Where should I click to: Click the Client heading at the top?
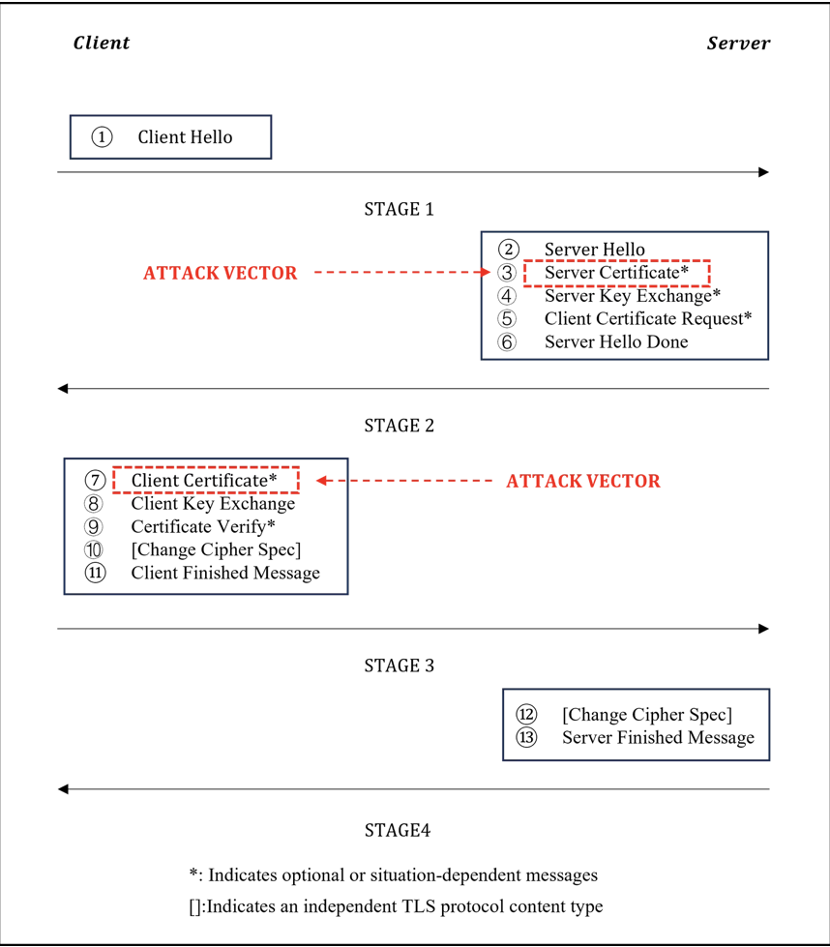coord(101,43)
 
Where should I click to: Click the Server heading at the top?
coord(738,43)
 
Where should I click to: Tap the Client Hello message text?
coord(185,137)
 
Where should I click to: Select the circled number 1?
coord(102,137)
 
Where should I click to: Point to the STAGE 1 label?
coord(399,209)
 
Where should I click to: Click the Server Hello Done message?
coord(616,341)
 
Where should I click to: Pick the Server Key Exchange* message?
coord(633,296)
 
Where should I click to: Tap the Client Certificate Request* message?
coord(648,318)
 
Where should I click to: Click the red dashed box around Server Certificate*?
coord(616,273)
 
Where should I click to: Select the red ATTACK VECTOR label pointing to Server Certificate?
coord(221,274)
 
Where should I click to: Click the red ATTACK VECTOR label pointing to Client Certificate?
coord(583,481)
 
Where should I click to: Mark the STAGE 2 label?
coord(399,426)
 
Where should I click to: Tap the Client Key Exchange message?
coord(213,503)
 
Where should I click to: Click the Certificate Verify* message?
coord(203,526)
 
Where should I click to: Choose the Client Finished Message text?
coord(225,573)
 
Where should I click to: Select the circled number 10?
coord(94,549)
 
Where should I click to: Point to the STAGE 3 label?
coord(399,666)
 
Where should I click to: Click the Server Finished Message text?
coord(658,737)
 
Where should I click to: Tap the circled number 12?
coord(526,715)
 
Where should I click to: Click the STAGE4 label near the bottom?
coord(398,830)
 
